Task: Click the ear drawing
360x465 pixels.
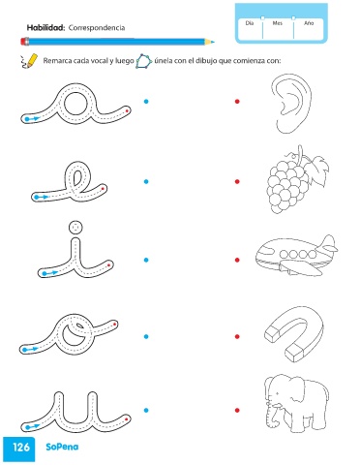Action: click(291, 104)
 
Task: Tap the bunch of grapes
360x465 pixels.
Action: click(296, 180)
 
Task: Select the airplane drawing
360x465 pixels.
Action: click(296, 255)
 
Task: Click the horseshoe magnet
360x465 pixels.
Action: click(293, 334)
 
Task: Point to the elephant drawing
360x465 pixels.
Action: click(296, 404)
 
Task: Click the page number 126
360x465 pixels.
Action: click(21, 448)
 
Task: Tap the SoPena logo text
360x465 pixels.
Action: click(62, 447)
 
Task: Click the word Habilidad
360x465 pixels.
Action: click(45, 28)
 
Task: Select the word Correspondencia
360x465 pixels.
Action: click(97, 28)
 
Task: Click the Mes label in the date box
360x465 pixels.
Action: click(278, 23)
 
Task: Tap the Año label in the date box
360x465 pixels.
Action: click(309, 23)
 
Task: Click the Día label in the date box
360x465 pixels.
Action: click(250, 23)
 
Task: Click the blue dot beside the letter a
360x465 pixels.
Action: click(146, 102)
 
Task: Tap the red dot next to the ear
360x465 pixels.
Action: click(237, 102)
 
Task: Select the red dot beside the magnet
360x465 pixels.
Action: click(237, 336)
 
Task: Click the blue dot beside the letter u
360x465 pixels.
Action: click(146, 411)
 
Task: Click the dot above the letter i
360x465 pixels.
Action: click(75, 228)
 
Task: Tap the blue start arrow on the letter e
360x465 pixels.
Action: click(42, 197)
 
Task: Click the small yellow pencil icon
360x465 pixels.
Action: click(28, 61)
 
